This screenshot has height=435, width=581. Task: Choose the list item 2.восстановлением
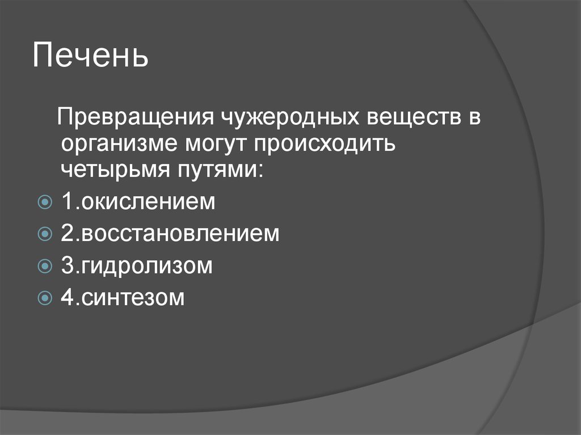170,233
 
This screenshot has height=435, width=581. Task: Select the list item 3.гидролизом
136,265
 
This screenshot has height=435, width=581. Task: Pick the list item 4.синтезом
123,297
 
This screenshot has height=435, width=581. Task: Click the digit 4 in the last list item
66,297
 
